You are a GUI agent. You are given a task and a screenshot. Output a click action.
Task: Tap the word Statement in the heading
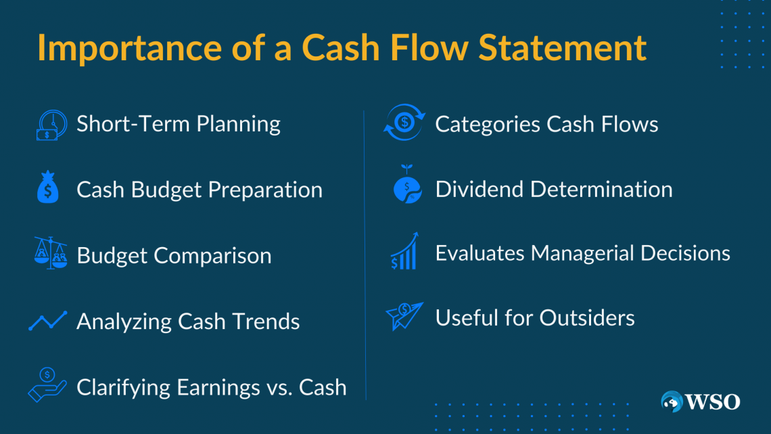pyautogui.click(x=562, y=47)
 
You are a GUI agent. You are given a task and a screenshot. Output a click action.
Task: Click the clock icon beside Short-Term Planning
pyautogui.click(x=51, y=125)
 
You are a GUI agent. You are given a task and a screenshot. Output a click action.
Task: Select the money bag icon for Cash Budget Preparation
pyautogui.click(x=48, y=187)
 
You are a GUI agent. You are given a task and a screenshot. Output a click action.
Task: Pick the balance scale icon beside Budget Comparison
pyautogui.click(x=51, y=253)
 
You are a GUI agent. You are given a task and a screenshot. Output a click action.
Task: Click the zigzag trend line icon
pyautogui.click(x=48, y=321)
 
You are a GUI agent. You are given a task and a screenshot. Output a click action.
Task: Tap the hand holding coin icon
pyautogui.click(x=47, y=385)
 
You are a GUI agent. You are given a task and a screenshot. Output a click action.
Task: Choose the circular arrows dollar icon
pyautogui.click(x=404, y=122)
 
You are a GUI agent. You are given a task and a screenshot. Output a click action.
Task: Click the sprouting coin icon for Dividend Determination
pyautogui.click(x=407, y=185)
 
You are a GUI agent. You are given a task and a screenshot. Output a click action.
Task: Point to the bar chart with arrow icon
pyautogui.click(x=404, y=251)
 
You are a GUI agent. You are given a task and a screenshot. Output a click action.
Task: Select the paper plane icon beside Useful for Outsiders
pyautogui.click(x=404, y=316)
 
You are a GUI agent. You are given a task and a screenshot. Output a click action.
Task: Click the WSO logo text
pyautogui.click(x=712, y=402)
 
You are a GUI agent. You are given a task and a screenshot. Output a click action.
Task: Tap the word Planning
pyautogui.click(x=239, y=125)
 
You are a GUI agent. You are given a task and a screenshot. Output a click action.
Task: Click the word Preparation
pyautogui.click(x=265, y=190)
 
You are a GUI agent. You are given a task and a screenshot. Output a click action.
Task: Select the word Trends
pyautogui.click(x=266, y=322)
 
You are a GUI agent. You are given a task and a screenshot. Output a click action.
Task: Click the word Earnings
pyautogui.click(x=218, y=388)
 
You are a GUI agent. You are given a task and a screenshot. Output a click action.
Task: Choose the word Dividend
pyautogui.click(x=480, y=190)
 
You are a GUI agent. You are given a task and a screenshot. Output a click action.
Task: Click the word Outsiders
pyautogui.click(x=587, y=318)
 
